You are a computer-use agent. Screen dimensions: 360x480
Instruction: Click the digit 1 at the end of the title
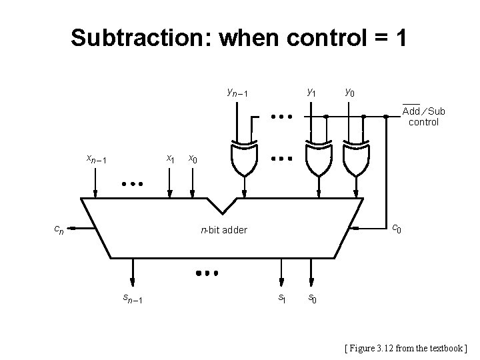click(400, 38)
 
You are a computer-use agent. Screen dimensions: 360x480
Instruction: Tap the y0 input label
click(350, 91)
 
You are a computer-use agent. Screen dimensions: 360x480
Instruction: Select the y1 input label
click(311, 91)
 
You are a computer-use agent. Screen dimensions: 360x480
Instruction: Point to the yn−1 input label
click(237, 91)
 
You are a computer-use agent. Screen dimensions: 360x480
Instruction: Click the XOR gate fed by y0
click(355, 158)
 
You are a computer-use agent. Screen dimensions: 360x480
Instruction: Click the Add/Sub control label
click(423, 116)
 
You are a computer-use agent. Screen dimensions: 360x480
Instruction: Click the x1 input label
click(171, 159)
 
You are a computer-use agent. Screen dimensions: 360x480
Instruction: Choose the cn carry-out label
click(59, 229)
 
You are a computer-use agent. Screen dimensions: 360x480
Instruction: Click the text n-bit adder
click(224, 230)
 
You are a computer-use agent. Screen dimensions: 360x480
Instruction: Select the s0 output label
click(312, 298)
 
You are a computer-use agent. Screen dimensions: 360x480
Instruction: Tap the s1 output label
click(282, 298)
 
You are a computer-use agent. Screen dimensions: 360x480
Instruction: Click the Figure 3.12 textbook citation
click(406, 347)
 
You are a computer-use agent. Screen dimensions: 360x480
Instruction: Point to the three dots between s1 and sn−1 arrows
click(207, 273)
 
